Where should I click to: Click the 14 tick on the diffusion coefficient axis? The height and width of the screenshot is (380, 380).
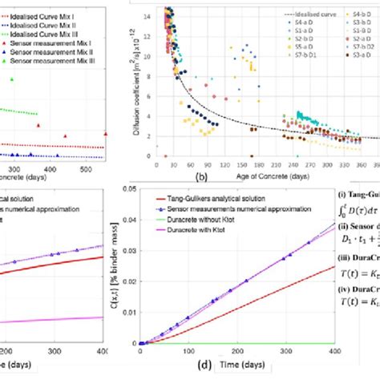coord(145,16)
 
